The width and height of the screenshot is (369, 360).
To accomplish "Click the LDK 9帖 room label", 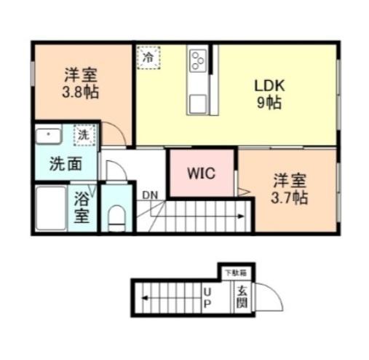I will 269,93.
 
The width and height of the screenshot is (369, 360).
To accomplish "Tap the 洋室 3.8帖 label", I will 79,83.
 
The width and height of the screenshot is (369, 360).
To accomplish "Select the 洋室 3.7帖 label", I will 290,188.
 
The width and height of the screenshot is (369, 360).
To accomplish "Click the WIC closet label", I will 200,174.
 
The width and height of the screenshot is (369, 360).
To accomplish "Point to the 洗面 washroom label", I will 65,163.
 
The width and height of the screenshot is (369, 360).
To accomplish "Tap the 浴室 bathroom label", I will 82,208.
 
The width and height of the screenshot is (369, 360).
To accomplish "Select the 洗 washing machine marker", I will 84,135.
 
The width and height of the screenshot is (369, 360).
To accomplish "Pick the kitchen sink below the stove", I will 197,103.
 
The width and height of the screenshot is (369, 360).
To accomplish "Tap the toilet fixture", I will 116,216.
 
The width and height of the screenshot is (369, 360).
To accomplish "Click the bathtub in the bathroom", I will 52,208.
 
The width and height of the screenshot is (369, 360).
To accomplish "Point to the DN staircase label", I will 150,195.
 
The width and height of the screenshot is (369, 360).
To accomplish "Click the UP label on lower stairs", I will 207,297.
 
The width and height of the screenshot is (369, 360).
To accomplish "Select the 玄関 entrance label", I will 239,297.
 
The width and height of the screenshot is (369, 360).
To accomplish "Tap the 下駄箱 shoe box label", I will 234,273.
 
